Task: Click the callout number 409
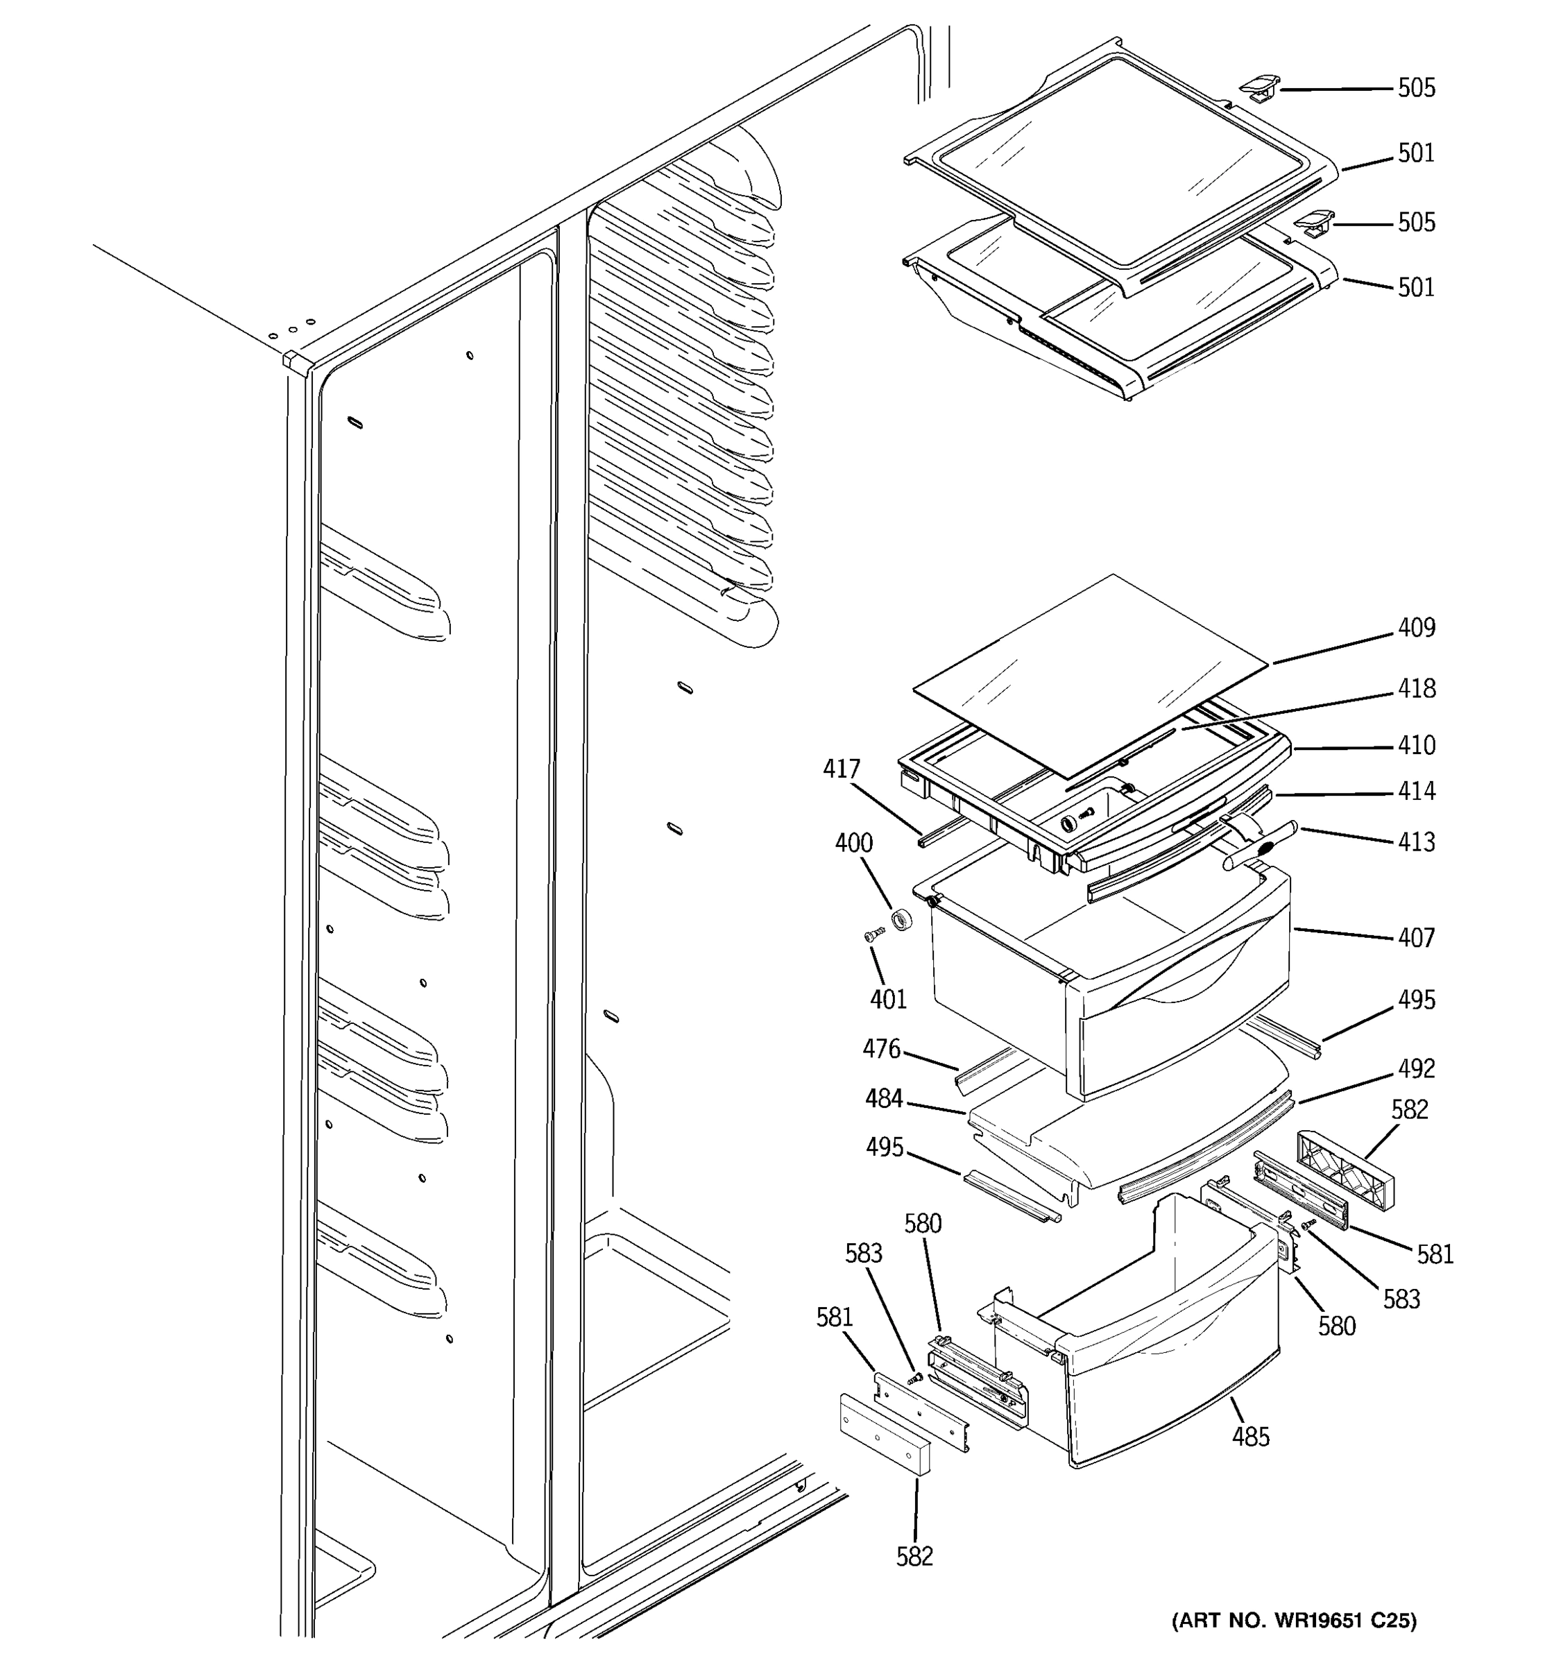[1415, 628]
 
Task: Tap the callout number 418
[1415, 688]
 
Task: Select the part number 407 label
[1415, 938]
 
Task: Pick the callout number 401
[888, 999]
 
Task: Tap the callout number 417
[841, 769]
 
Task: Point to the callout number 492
[1415, 1068]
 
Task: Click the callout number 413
[1415, 842]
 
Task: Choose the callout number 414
[1415, 792]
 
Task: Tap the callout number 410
[1415, 745]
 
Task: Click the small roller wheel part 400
[902, 919]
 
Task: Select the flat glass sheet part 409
[1089, 670]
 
